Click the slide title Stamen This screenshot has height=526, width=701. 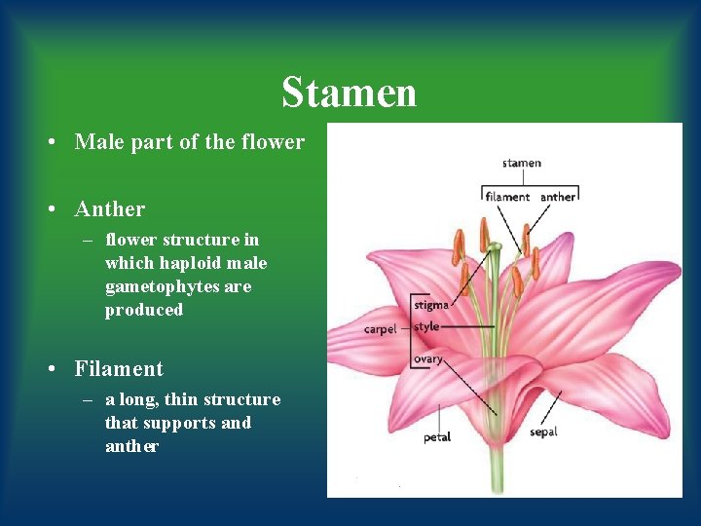(349, 94)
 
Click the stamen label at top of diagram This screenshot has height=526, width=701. (522, 163)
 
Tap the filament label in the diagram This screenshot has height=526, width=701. (506, 197)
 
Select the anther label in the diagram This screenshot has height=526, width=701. (558, 197)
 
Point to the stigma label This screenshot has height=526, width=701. (431, 305)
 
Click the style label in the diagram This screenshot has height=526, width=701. (426, 326)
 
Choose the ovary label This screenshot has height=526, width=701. (428, 359)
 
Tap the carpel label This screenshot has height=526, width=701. (380, 329)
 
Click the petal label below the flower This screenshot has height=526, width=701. (437, 437)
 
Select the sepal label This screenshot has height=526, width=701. (543, 432)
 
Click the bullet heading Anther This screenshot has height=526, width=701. (109, 209)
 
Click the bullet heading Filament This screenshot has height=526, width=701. (119, 369)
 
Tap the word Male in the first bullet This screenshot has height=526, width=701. (97, 142)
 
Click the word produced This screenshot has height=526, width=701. (144, 310)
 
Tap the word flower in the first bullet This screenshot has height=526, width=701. (275, 142)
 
